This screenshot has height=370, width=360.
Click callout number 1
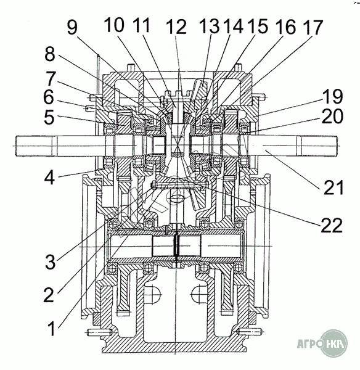pyautogui.click(x=52, y=329)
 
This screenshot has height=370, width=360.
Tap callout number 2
pyautogui.click(x=49, y=295)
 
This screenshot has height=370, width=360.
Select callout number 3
pyautogui.click(x=50, y=262)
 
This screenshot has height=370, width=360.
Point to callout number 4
pyautogui.click(x=50, y=178)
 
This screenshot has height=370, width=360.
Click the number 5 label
pyautogui.click(x=49, y=117)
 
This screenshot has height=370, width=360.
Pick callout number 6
pyautogui.click(x=49, y=97)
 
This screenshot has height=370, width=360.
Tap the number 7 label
pyautogui.click(x=51, y=78)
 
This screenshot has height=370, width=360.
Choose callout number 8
pyautogui.click(x=50, y=54)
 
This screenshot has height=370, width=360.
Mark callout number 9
pyautogui.click(x=72, y=27)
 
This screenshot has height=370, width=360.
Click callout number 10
pyautogui.click(x=114, y=25)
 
